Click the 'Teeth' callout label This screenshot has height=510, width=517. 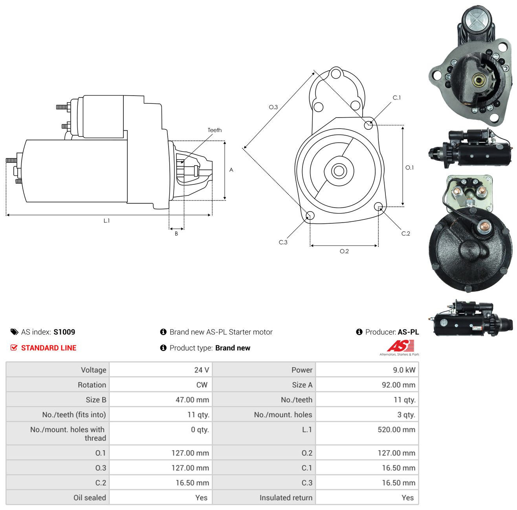click(214, 130)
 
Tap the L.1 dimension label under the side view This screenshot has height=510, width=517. click(106, 221)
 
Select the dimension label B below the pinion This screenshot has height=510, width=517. click(176, 234)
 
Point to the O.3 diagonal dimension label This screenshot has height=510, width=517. click(273, 107)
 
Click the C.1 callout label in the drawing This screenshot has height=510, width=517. click(396, 98)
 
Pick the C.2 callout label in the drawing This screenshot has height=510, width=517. click(405, 234)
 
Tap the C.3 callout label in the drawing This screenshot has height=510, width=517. click(283, 242)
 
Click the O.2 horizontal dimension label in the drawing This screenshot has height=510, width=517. click(344, 251)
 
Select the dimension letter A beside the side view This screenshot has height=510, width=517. click(231, 170)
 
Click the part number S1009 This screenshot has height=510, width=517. click(64, 332)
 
